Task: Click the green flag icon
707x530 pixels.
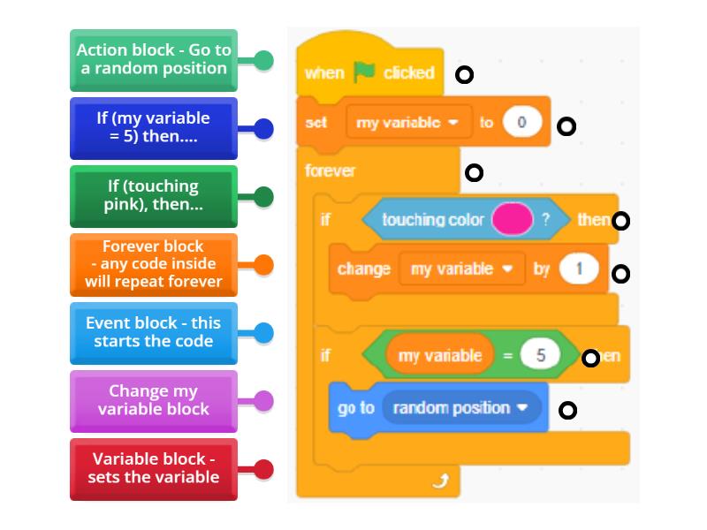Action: (x=364, y=72)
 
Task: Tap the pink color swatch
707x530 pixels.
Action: (x=512, y=219)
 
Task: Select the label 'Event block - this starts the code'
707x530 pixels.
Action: (x=154, y=333)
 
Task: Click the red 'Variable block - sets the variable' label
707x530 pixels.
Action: (x=154, y=469)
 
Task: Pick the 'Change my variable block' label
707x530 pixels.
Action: (x=154, y=401)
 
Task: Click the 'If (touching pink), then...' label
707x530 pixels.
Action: (x=154, y=196)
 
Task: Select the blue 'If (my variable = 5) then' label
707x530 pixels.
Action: (x=154, y=128)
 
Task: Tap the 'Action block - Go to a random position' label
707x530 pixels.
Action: (x=154, y=60)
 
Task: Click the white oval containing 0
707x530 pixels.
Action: (x=521, y=123)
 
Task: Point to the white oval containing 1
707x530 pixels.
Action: (x=579, y=269)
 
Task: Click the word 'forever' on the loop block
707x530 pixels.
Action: (x=330, y=170)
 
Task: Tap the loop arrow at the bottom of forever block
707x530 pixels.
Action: (x=442, y=481)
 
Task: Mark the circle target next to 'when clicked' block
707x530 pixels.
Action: (x=464, y=75)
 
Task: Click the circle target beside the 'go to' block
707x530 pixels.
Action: (x=568, y=410)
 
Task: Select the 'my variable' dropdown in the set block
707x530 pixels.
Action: (x=407, y=123)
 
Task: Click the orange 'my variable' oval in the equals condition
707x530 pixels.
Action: (x=439, y=356)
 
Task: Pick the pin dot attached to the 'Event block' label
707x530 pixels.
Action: (x=263, y=333)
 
